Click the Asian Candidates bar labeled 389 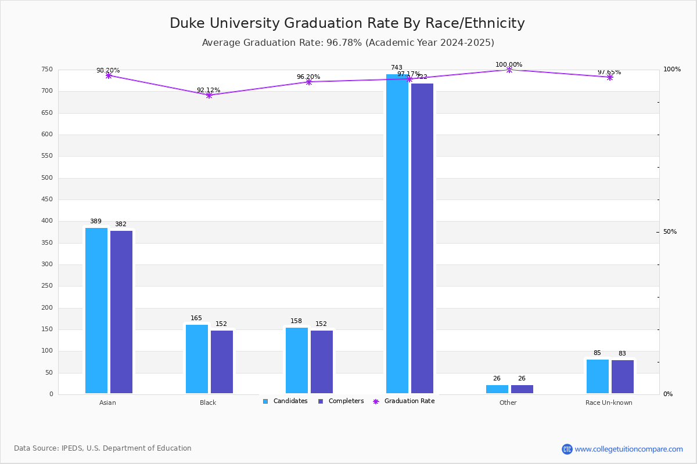click(x=96, y=310)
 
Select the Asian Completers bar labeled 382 click(x=121, y=312)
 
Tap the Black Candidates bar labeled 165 click(x=197, y=359)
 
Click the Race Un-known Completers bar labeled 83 click(x=623, y=376)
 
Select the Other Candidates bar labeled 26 click(x=497, y=389)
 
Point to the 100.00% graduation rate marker click(x=509, y=70)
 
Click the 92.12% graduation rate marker click(x=209, y=95)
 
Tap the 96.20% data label click(x=308, y=77)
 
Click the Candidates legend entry click(x=285, y=401)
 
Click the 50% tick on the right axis click(x=670, y=232)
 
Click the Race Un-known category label click(x=609, y=403)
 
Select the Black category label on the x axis click(x=208, y=403)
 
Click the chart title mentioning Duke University click(x=347, y=23)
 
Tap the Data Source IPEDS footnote click(x=103, y=448)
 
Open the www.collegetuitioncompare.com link click(x=628, y=449)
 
